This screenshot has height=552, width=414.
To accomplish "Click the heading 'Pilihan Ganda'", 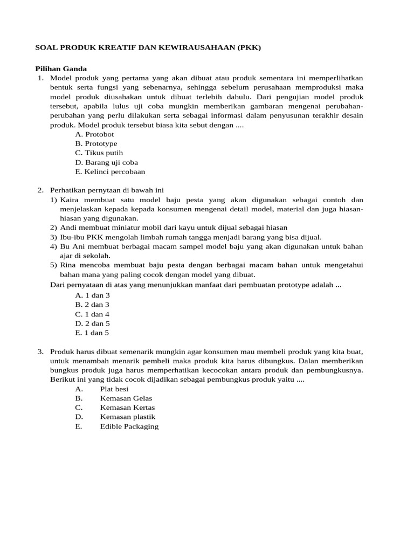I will pyautogui.click(x=61, y=69).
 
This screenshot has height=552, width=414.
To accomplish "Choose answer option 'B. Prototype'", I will pyautogui.click(x=96, y=143).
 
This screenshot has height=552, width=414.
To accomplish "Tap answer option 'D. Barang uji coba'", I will pyautogui.click(x=106, y=162).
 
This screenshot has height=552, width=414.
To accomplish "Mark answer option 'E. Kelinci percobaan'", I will pyautogui.click(x=110, y=172).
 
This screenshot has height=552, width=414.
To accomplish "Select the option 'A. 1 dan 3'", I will pyautogui.click(x=92, y=295).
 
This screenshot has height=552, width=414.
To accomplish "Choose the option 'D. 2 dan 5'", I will pyautogui.click(x=92, y=323).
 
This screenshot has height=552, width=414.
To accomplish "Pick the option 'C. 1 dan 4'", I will pyautogui.click(x=92, y=314).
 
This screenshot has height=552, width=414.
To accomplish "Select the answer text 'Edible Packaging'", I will pyautogui.click(x=129, y=426).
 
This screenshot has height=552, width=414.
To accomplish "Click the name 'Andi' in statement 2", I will pyautogui.click(x=68, y=227).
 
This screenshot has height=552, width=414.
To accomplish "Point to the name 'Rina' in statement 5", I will pyautogui.click(x=68, y=265).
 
